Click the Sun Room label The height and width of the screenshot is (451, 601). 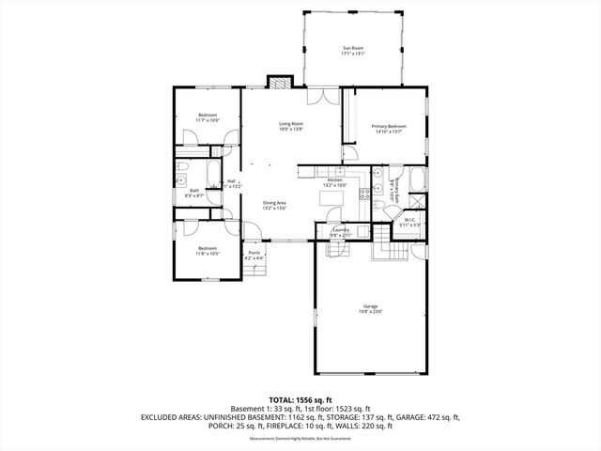click(x=352, y=48)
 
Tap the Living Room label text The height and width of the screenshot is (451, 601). click(x=290, y=124)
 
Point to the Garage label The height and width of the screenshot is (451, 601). click(x=371, y=306)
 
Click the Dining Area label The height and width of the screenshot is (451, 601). click(x=274, y=203)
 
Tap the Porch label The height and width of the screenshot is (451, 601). click(x=254, y=252)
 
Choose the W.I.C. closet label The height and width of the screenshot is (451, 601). click(x=409, y=222)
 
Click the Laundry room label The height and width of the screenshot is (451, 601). click(x=340, y=230)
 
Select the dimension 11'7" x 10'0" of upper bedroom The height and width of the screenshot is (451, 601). click(x=207, y=120)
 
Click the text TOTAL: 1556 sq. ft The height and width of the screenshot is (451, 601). click(x=300, y=399)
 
